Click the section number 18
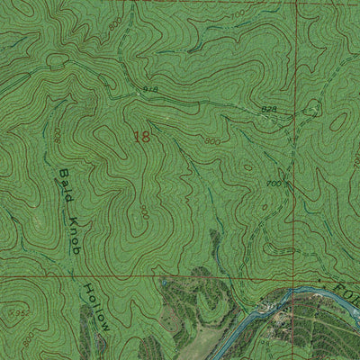[x=142, y=137]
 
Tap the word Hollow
[x=95, y=305]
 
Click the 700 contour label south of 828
[x=272, y=183]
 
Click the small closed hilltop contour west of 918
[x=58, y=61]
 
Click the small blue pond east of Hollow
[x=166, y=285]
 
